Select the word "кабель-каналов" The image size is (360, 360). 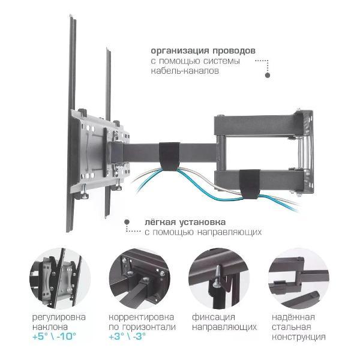point(185,71)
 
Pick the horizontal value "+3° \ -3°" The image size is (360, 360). point(128,337)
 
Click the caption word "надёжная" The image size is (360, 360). point(295,316)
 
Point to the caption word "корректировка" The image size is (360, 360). point(142,316)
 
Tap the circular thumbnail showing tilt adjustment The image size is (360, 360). point(60,278)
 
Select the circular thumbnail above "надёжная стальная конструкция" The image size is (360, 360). point(299,278)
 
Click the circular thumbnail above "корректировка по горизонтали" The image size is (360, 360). point(139,278)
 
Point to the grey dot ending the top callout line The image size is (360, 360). point(268,76)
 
